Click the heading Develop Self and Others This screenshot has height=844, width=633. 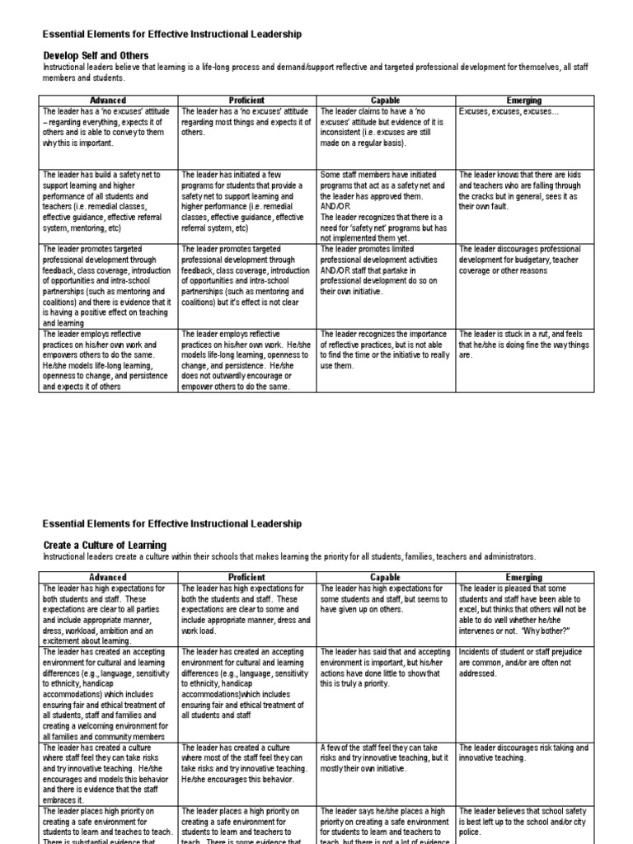coord(96,55)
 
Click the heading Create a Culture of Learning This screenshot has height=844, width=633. coord(104,545)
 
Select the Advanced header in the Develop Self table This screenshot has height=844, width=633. coord(107,100)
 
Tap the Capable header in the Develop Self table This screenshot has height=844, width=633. coord(385,100)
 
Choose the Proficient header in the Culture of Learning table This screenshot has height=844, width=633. coord(246,578)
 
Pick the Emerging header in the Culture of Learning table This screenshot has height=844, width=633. coord(523,578)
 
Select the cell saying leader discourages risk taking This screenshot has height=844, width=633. coord(523,752)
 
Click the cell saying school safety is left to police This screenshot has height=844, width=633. coord(523,822)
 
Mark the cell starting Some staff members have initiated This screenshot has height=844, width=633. coord(385,206)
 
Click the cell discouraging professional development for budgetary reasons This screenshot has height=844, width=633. coord(523,259)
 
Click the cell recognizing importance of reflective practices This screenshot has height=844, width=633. coord(385,349)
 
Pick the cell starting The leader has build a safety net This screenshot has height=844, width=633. coord(107,202)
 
